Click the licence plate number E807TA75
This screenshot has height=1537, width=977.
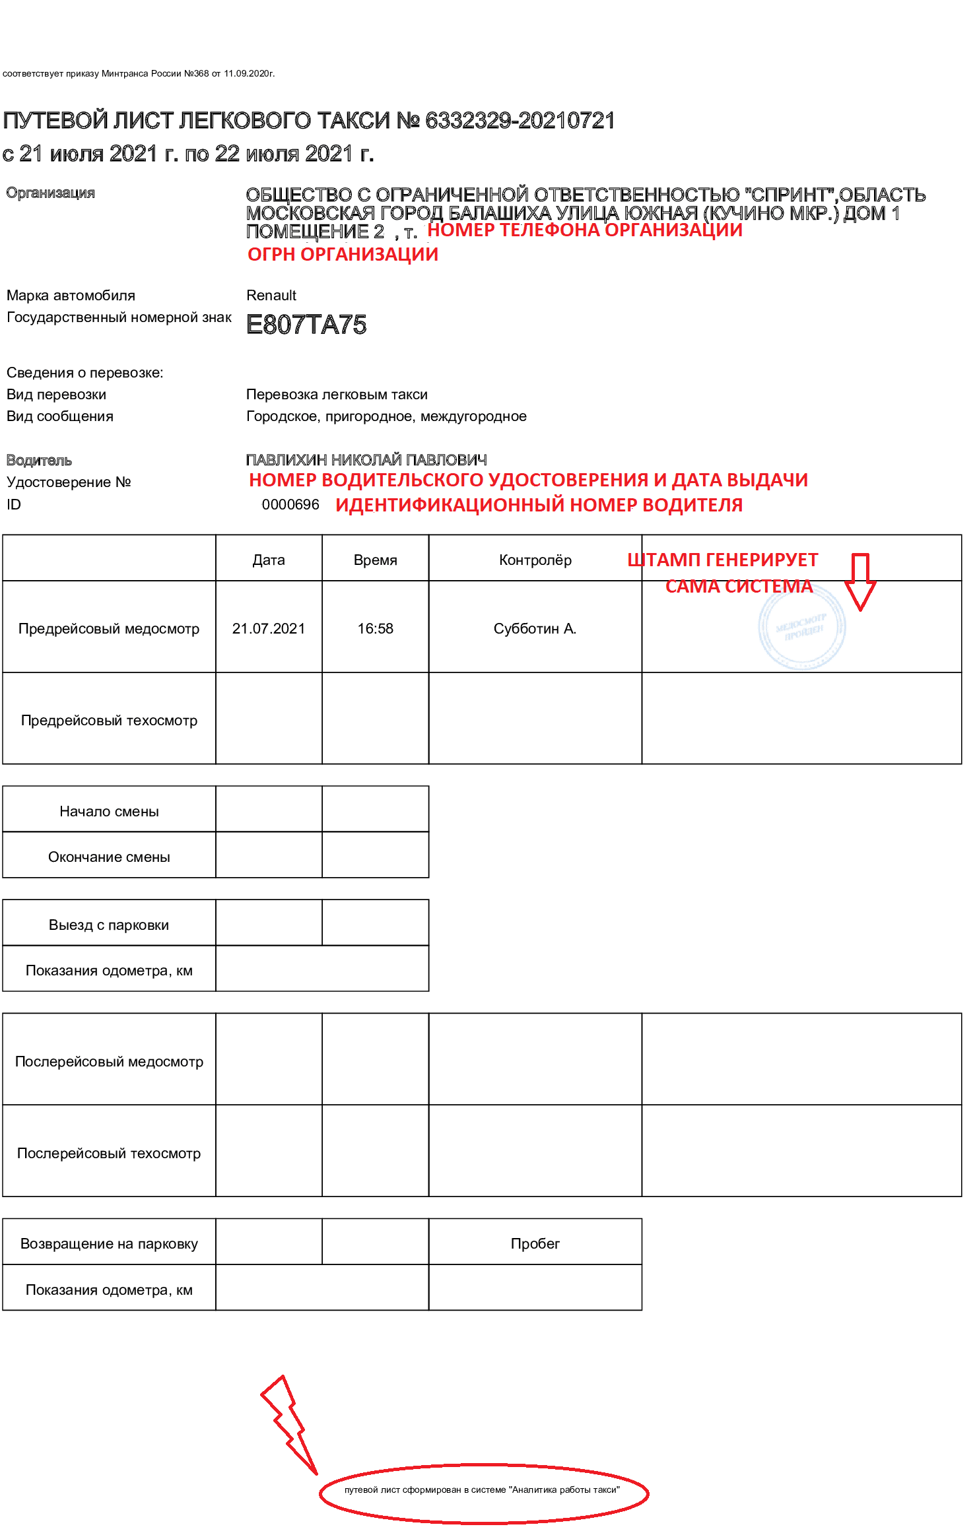pos(306,325)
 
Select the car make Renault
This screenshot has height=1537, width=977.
pos(271,295)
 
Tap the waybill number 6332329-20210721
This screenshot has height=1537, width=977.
pos(520,121)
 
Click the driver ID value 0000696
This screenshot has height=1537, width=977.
pos(290,505)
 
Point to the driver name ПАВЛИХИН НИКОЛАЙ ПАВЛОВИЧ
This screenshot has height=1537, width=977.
pos(366,460)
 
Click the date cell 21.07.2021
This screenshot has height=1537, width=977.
pos(269,628)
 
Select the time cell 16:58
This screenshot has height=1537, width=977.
pos(375,628)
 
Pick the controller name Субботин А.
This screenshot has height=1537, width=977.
pos(535,628)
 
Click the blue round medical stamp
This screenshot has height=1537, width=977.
pos(801,628)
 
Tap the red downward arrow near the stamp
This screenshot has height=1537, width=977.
pos(860,581)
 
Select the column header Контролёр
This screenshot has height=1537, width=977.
pos(535,560)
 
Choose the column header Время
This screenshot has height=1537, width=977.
pos(375,560)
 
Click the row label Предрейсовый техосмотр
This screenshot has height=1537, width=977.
pos(109,720)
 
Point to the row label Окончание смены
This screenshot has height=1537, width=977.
pos(109,857)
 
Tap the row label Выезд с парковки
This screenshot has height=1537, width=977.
pos(109,925)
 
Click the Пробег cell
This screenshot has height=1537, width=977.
pos(535,1243)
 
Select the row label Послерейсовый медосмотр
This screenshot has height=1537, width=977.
pos(109,1061)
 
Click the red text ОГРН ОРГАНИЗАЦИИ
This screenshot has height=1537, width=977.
pos(343,255)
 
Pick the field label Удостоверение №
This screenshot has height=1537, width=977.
pos(69,482)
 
